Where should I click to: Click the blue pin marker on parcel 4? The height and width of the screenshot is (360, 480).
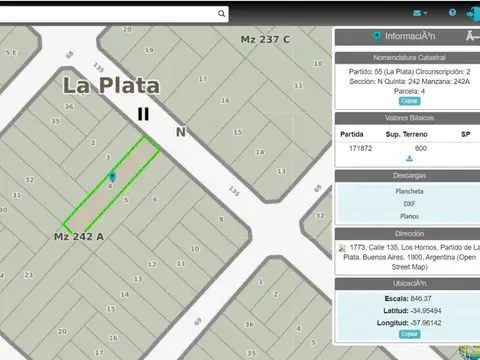click(112, 177)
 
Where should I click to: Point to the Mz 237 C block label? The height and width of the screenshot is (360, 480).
click(265, 39)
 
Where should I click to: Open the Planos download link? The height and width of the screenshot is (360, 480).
click(409, 215)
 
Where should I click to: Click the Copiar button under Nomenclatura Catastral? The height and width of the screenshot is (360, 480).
click(409, 101)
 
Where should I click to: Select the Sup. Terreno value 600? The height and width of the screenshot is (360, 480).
click(421, 148)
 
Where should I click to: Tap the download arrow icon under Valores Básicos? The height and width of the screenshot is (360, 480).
click(409, 159)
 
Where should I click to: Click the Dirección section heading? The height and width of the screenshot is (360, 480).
click(409, 233)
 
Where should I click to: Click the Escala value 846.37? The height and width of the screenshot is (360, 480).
click(420, 299)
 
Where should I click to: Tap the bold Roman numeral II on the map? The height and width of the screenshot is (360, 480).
click(144, 114)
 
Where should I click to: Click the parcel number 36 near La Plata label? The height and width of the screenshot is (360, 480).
click(69, 107)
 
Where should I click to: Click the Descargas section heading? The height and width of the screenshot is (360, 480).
click(409, 175)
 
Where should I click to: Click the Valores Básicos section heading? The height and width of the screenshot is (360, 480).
click(409, 117)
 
